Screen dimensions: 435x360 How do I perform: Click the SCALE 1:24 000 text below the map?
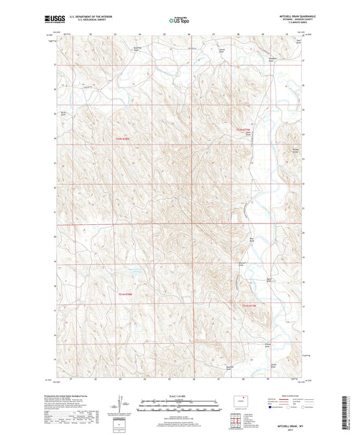pos(179,395)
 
